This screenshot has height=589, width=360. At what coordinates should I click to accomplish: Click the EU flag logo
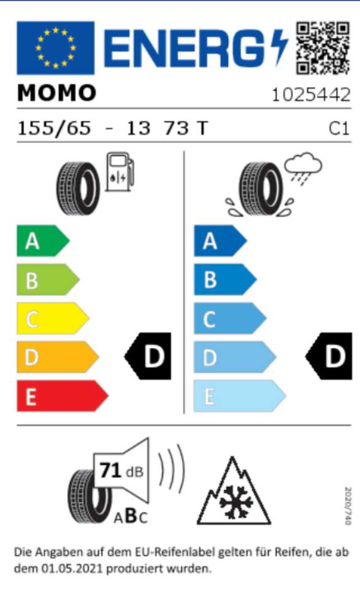[56, 48]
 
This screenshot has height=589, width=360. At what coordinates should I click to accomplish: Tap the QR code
[323, 48]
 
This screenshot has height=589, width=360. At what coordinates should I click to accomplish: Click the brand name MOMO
[56, 93]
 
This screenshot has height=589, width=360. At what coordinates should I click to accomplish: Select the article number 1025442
[311, 94]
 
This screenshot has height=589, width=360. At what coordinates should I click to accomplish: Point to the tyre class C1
[339, 128]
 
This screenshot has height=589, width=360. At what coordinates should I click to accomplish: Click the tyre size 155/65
[55, 128]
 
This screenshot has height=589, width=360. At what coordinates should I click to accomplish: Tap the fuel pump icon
[120, 172]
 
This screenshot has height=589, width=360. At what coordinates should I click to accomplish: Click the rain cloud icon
[303, 169]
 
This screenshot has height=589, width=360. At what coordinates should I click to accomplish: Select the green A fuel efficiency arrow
[43, 241]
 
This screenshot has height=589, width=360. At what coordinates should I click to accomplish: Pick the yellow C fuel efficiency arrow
[53, 318]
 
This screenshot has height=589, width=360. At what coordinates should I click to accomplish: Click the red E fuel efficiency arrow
[63, 396]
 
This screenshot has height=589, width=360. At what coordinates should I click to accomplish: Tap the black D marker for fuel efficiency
[148, 356]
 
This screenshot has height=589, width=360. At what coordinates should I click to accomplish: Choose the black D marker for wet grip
[329, 356]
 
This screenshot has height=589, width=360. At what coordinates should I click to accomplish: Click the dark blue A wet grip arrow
[220, 241]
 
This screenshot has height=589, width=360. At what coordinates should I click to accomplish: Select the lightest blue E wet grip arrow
[240, 396]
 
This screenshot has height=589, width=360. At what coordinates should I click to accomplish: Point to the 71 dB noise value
[121, 471]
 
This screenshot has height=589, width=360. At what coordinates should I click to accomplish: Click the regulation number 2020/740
[348, 506]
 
